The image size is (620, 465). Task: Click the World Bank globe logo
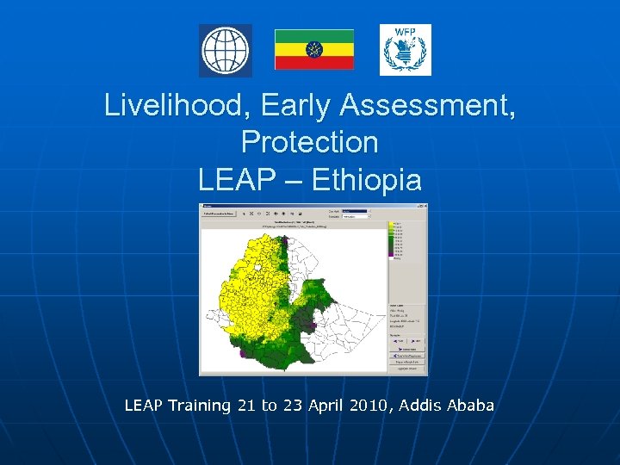[x=226, y=51]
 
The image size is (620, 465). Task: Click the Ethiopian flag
[x=313, y=49]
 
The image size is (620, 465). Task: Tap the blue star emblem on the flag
[x=313, y=50]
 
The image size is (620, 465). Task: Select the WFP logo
[x=405, y=50]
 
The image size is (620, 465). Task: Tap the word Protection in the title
[x=309, y=142]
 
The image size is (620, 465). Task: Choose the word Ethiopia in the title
[x=366, y=180]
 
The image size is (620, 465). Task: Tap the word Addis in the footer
[x=419, y=405]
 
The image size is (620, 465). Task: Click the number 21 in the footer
[x=245, y=405]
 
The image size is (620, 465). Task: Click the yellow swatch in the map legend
[x=393, y=226]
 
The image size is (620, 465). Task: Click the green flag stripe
[x=313, y=36]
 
